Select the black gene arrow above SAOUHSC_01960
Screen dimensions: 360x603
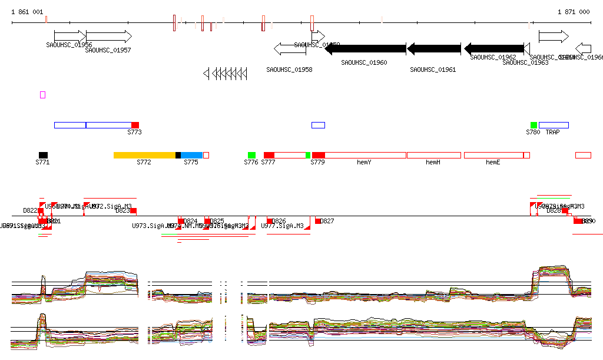point(365,48)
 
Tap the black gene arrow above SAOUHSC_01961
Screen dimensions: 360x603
point(434,48)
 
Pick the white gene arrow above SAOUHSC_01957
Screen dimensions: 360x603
point(109,37)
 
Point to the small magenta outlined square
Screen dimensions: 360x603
point(42,95)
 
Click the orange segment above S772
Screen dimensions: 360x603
point(144,155)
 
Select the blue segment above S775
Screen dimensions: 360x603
point(191,155)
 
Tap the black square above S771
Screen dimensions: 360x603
point(44,155)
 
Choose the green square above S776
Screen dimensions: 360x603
point(251,155)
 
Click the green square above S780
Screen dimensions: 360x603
point(534,125)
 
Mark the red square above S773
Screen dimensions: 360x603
point(135,125)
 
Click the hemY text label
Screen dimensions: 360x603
point(365,162)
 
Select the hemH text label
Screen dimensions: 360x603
point(433,162)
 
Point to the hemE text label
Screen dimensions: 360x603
point(493,162)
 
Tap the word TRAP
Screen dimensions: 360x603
point(552,132)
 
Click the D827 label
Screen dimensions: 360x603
point(327,221)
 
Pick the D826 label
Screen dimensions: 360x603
point(279,221)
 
